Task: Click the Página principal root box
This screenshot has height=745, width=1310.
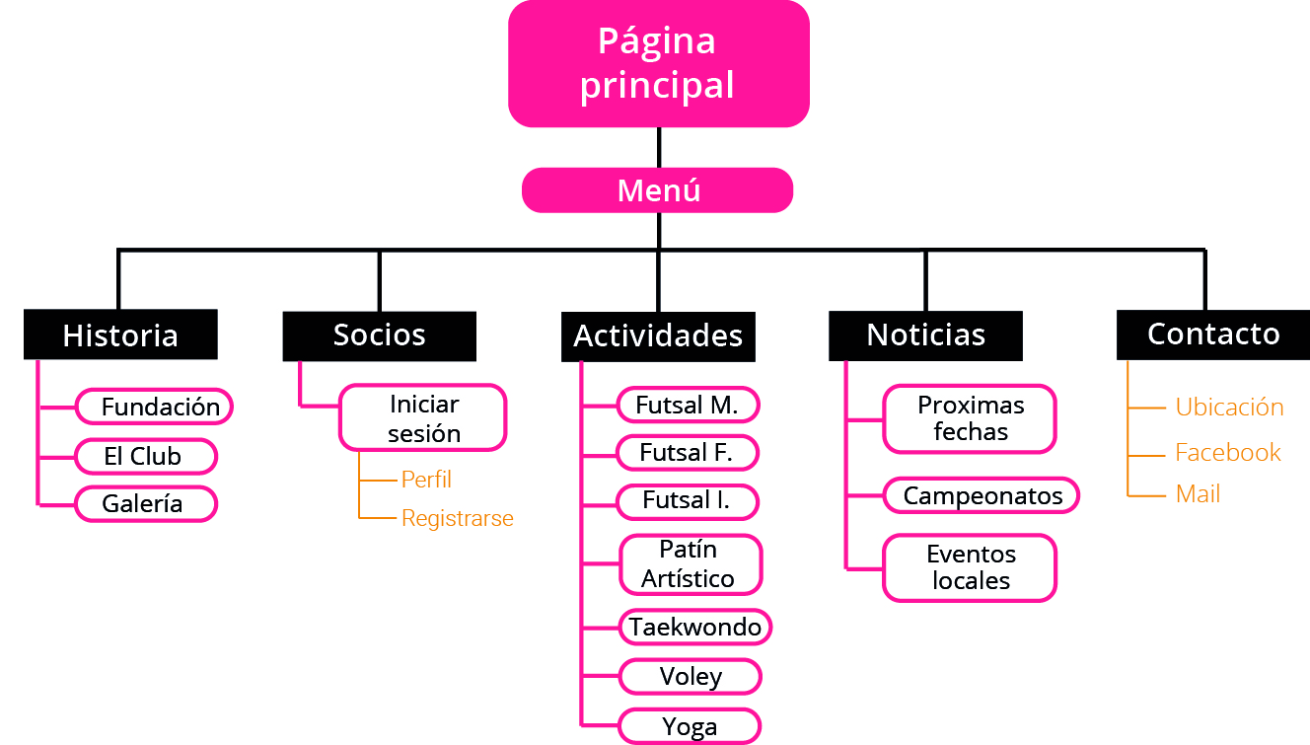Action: click(658, 64)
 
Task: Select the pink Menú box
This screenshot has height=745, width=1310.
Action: click(657, 190)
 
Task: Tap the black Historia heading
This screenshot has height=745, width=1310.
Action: click(120, 335)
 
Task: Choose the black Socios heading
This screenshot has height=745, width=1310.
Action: click(379, 335)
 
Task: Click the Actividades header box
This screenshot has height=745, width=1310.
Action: click(658, 336)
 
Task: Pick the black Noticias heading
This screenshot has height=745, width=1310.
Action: click(925, 335)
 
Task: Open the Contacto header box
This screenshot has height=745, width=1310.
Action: click(1212, 335)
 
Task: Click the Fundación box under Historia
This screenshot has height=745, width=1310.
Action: click(155, 407)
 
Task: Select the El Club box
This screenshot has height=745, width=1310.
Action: click(146, 457)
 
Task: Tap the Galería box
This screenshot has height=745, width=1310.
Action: click(146, 504)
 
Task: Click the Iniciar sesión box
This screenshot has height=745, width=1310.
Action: click(423, 418)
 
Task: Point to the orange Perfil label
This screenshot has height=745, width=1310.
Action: click(426, 480)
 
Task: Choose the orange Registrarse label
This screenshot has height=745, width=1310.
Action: click(457, 518)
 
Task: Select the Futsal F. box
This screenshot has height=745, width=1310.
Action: click(688, 453)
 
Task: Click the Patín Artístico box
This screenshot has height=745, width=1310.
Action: click(691, 564)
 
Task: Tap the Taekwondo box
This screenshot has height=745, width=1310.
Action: click(695, 628)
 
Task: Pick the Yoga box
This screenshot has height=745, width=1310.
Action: click(690, 727)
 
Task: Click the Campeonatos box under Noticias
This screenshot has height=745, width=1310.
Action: click(982, 495)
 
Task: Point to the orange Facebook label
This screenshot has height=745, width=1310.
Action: click(1227, 453)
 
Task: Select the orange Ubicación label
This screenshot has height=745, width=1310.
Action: click(1229, 408)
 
